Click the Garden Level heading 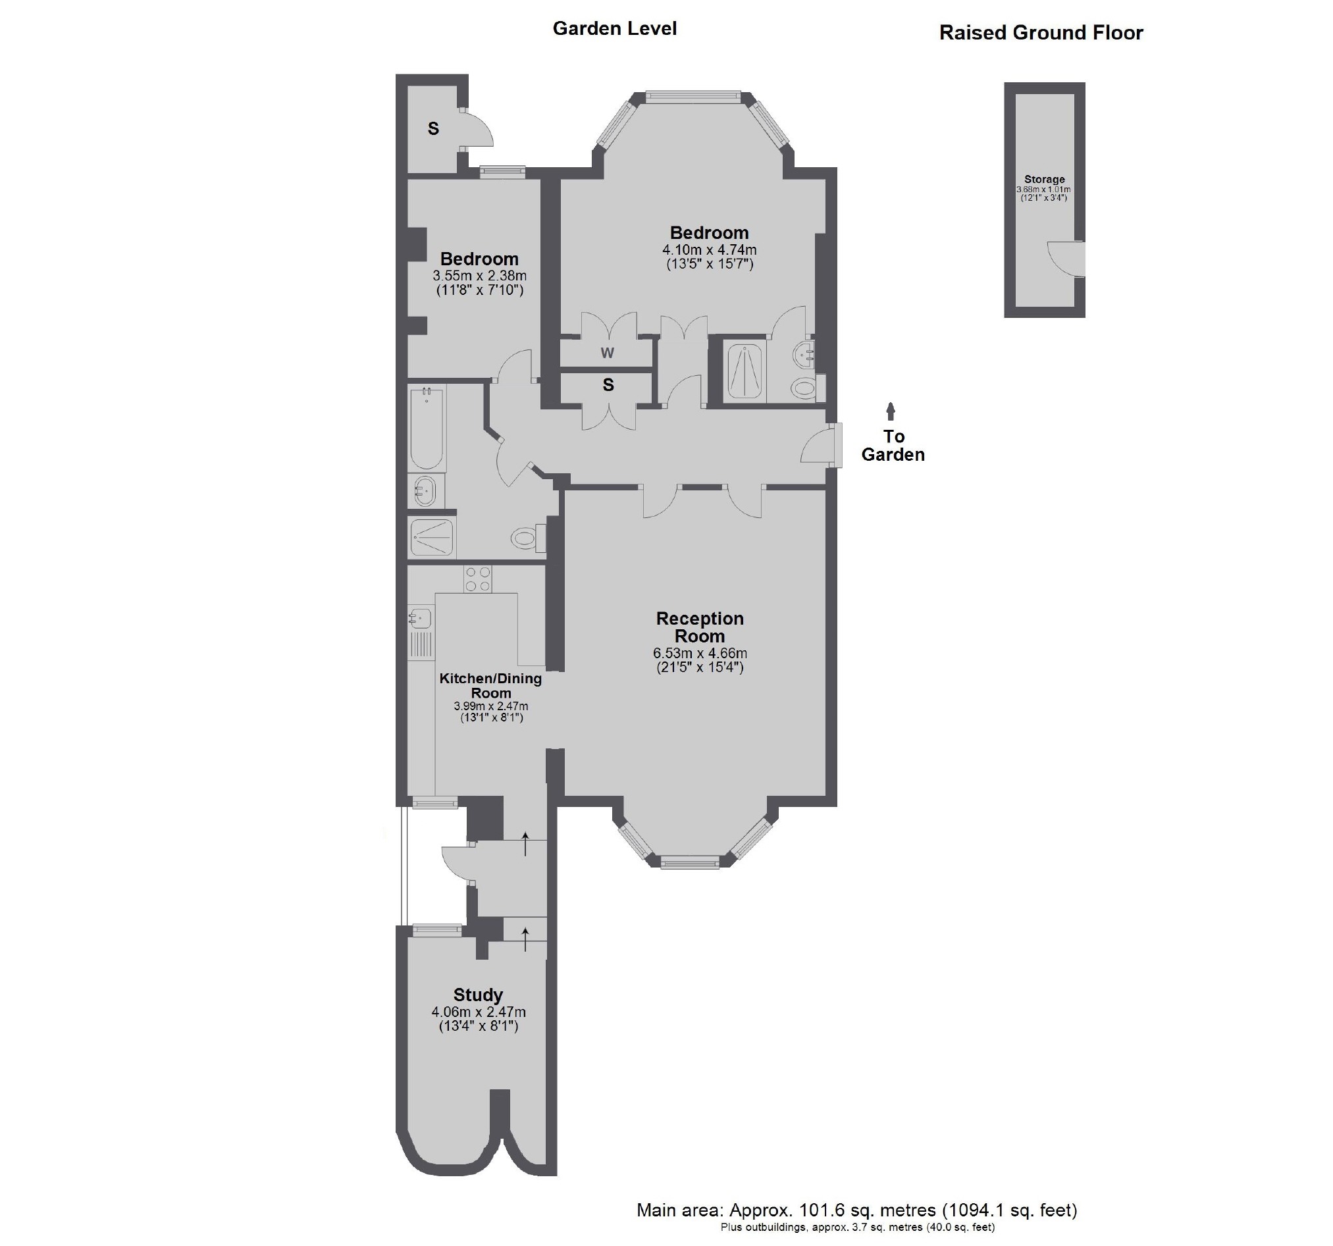(x=614, y=29)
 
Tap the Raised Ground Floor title (x=1040, y=33)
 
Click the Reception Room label (x=699, y=627)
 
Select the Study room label (x=477, y=995)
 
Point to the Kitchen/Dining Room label (x=490, y=685)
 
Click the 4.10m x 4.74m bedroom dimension (x=709, y=250)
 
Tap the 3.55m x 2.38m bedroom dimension (x=479, y=276)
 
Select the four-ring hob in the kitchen (x=477, y=579)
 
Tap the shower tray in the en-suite (x=746, y=372)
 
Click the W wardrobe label (x=607, y=353)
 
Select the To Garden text (x=893, y=446)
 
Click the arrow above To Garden (x=891, y=411)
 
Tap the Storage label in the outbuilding (x=1044, y=179)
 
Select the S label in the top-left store (x=433, y=129)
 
